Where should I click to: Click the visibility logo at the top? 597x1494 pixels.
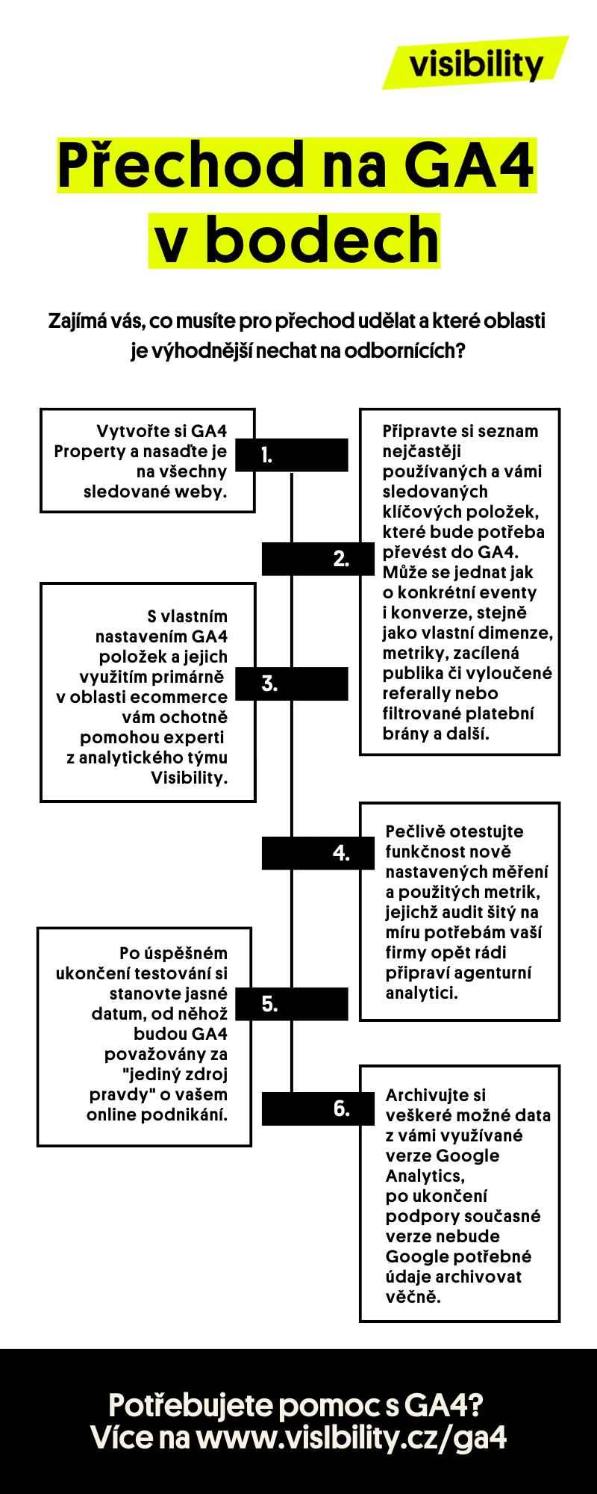coord(475,63)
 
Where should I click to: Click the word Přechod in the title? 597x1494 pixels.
coord(180,166)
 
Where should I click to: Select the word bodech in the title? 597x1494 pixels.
coord(322,241)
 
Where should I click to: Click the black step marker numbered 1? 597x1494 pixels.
coord(292,455)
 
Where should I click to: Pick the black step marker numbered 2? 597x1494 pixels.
coord(318,559)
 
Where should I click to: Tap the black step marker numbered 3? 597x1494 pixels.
coord(292,684)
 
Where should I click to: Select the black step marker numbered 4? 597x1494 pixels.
coord(318,853)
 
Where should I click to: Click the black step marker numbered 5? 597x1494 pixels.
coord(292,1004)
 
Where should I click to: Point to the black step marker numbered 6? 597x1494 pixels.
coord(318,1109)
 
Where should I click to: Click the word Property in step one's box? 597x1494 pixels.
coord(90,452)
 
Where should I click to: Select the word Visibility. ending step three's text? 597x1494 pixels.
coord(189,778)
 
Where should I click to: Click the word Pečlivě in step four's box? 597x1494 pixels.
coord(413,831)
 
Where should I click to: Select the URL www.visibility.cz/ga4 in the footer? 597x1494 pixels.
coord(351,1438)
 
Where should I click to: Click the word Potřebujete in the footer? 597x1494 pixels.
coord(190,1405)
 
